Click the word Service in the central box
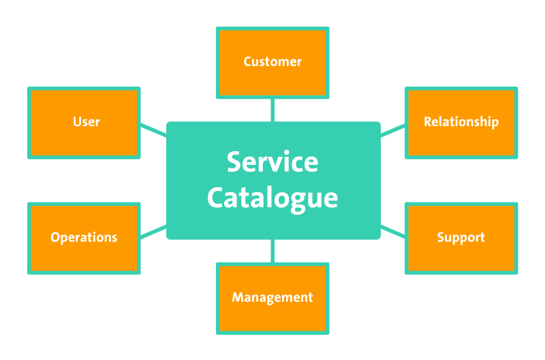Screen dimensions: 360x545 pyautogui.click(x=272, y=162)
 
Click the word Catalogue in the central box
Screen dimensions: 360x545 pyautogui.click(x=272, y=198)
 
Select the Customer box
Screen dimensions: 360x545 pyautogui.click(x=272, y=62)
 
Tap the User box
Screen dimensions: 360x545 pyautogui.click(x=84, y=123)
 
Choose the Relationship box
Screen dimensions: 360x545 pyautogui.click(x=461, y=123)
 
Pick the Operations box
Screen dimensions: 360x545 pyautogui.click(x=84, y=238)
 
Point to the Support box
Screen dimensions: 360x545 pyautogui.click(x=461, y=238)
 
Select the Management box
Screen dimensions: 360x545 pyautogui.click(x=272, y=298)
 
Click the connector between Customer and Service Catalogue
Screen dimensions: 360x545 pyautogui.click(x=272, y=110)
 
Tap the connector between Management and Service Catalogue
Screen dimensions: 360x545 pyautogui.click(x=272, y=251)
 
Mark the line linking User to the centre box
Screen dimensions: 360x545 pyautogui.click(x=153, y=129)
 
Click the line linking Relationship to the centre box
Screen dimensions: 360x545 pyautogui.click(x=392, y=130)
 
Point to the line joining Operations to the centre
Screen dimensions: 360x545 pyautogui.click(x=153, y=231)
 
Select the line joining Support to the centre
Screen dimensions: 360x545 pyautogui.click(x=392, y=231)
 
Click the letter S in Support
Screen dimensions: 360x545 pyautogui.click(x=441, y=238)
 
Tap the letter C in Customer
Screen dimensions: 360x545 pyautogui.click(x=247, y=62)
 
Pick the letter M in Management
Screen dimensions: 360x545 pyautogui.click(x=237, y=298)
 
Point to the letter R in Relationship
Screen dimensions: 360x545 pyautogui.click(x=427, y=122)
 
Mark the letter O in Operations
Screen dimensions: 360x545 pyautogui.click(x=55, y=238)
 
